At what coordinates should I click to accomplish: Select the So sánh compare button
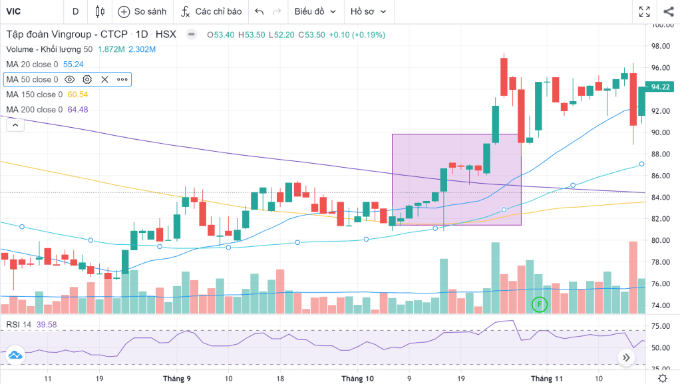click(142, 11)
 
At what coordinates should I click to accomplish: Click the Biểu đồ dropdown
click(315, 11)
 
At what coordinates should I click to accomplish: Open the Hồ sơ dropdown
click(368, 11)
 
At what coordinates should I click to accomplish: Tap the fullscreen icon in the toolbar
click(644, 11)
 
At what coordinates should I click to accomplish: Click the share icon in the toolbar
click(668, 11)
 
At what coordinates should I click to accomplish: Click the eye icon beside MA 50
click(70, 79)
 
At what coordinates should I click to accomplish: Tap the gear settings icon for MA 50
click(87, 79)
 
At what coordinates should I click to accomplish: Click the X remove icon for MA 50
click(104, 79)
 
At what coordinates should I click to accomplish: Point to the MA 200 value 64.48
click(78, 110)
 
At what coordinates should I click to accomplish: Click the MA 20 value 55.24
click(73, 65)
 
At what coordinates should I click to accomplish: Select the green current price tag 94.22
click(660, 87)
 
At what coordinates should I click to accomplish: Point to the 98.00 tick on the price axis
click(661, 47)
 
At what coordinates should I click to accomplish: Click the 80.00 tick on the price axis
click(661, 241)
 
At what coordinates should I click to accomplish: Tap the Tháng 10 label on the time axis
click(357, 378)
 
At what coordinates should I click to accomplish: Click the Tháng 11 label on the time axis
click(546, 378)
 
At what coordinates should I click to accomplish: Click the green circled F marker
click(540, 304)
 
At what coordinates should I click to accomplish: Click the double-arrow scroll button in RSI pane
click(626, 357)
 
